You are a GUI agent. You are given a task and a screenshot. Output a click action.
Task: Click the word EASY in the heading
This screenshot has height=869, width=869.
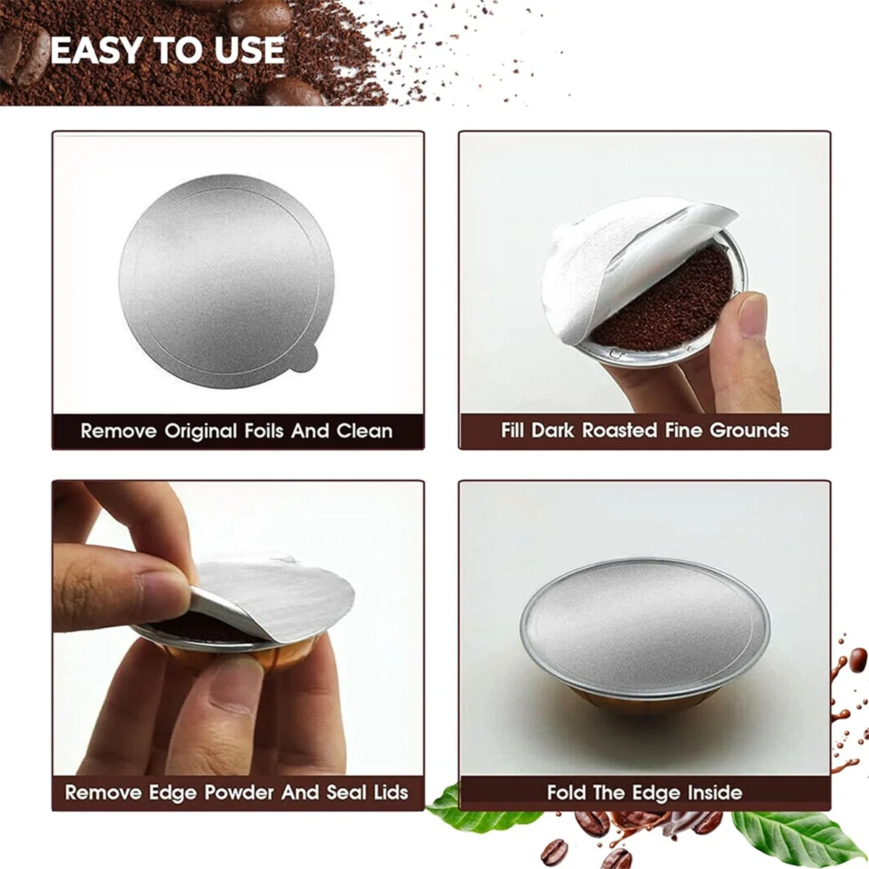[96, 50]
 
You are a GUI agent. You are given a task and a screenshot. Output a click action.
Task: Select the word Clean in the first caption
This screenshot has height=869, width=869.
[364, 432]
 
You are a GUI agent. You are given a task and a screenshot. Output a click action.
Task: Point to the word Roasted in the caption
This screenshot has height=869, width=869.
[619, 430]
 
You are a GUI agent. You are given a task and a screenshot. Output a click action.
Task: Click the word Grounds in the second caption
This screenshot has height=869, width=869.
[749, 430]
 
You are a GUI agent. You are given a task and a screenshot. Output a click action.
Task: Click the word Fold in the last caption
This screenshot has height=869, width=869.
[566, 792]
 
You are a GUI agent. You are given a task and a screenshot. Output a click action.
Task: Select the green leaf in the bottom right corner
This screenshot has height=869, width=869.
[804, 833]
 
